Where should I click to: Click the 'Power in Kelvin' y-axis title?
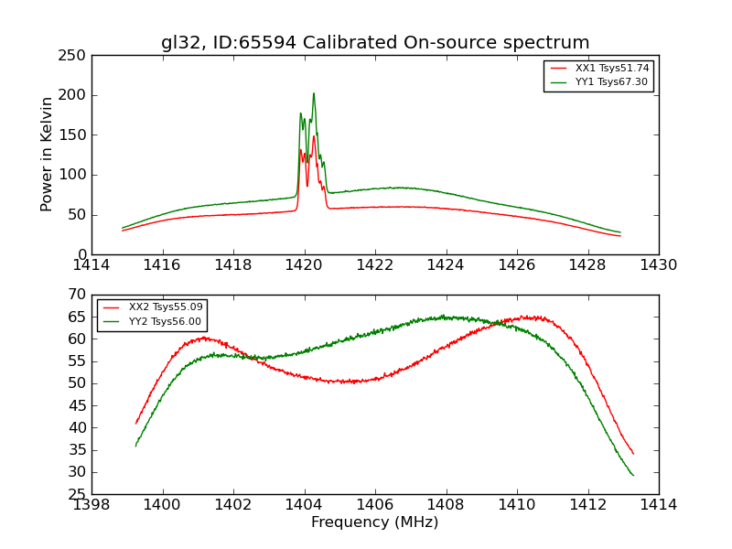tap(48, 155)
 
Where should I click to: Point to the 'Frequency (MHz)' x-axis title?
tap(375, 522)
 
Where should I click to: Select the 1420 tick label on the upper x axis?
tap(304, 264)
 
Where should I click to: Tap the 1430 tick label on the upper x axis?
tap(658, 264)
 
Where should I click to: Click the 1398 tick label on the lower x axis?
tap(91, 504)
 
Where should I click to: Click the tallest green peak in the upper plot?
tap(314, 93)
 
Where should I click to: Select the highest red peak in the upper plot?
tap(314, 136)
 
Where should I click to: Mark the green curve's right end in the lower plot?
tap(633, 475)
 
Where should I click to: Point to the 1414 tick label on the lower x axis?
tap(658, 504)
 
